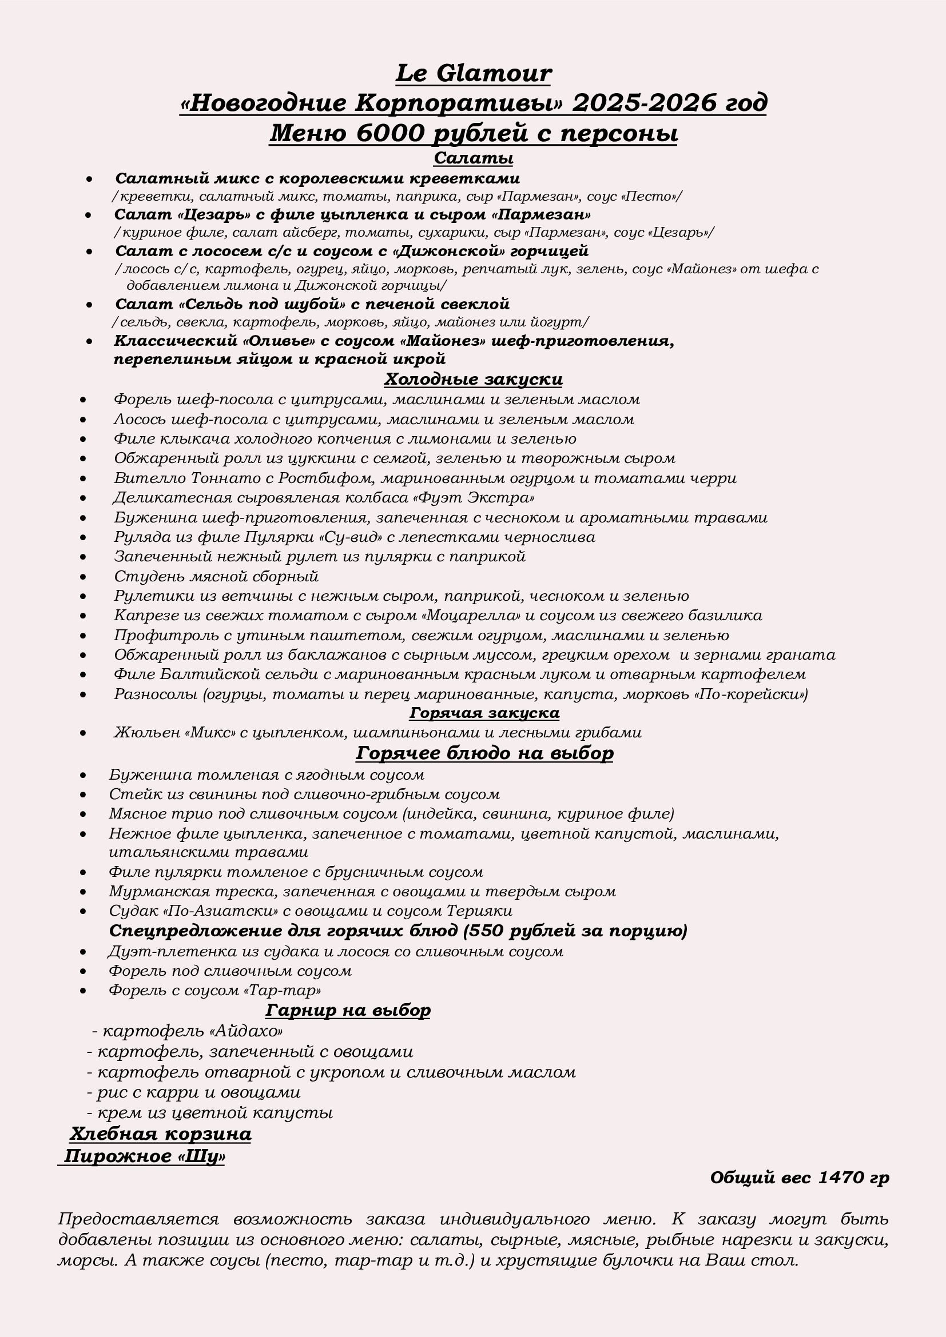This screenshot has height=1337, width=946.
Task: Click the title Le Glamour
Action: (x=473, y=74)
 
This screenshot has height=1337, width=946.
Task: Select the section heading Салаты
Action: (x=473, y=158)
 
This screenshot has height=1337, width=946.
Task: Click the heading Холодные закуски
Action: (x=473, y=379)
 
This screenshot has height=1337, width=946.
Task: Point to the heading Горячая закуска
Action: (x=483, y=713)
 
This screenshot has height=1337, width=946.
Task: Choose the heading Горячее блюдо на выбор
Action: (x=484, y=753)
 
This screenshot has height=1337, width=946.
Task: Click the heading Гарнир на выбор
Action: (x=348, y=1009)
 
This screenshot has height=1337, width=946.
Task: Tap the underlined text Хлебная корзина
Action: (x=160, y=1134)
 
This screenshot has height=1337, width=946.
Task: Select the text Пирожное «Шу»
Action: (x=144, y=1156)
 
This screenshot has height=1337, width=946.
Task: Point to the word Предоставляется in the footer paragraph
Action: (x=138, y=1219)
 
